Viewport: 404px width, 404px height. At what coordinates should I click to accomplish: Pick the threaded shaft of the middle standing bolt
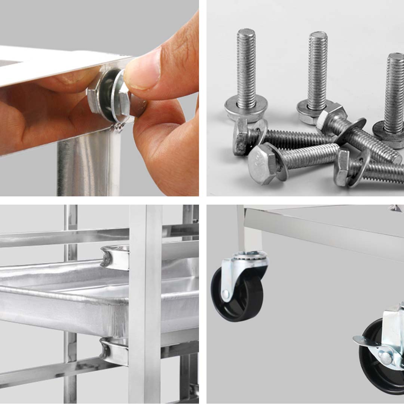317,71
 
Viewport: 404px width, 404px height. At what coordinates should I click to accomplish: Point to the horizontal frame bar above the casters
322,232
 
